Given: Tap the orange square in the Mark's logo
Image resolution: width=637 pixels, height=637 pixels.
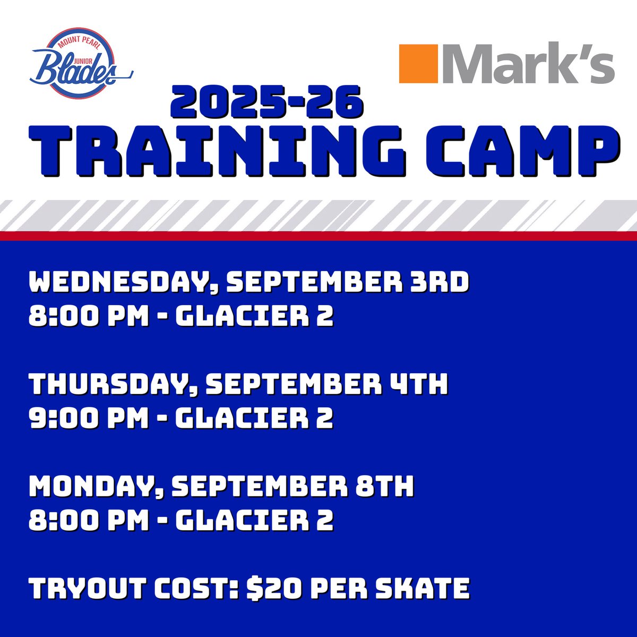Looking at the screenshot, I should [418, 64].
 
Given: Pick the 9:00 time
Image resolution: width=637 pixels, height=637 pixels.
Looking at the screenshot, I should [63, 418].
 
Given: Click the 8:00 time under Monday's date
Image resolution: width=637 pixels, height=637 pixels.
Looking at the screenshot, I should [63, 520].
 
